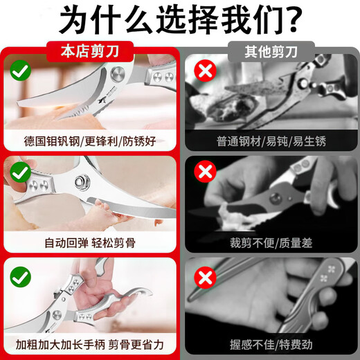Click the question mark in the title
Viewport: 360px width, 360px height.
point(289,20)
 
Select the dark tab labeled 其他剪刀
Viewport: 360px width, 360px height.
point(269,51)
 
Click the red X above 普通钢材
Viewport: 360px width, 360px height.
point(204,71)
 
